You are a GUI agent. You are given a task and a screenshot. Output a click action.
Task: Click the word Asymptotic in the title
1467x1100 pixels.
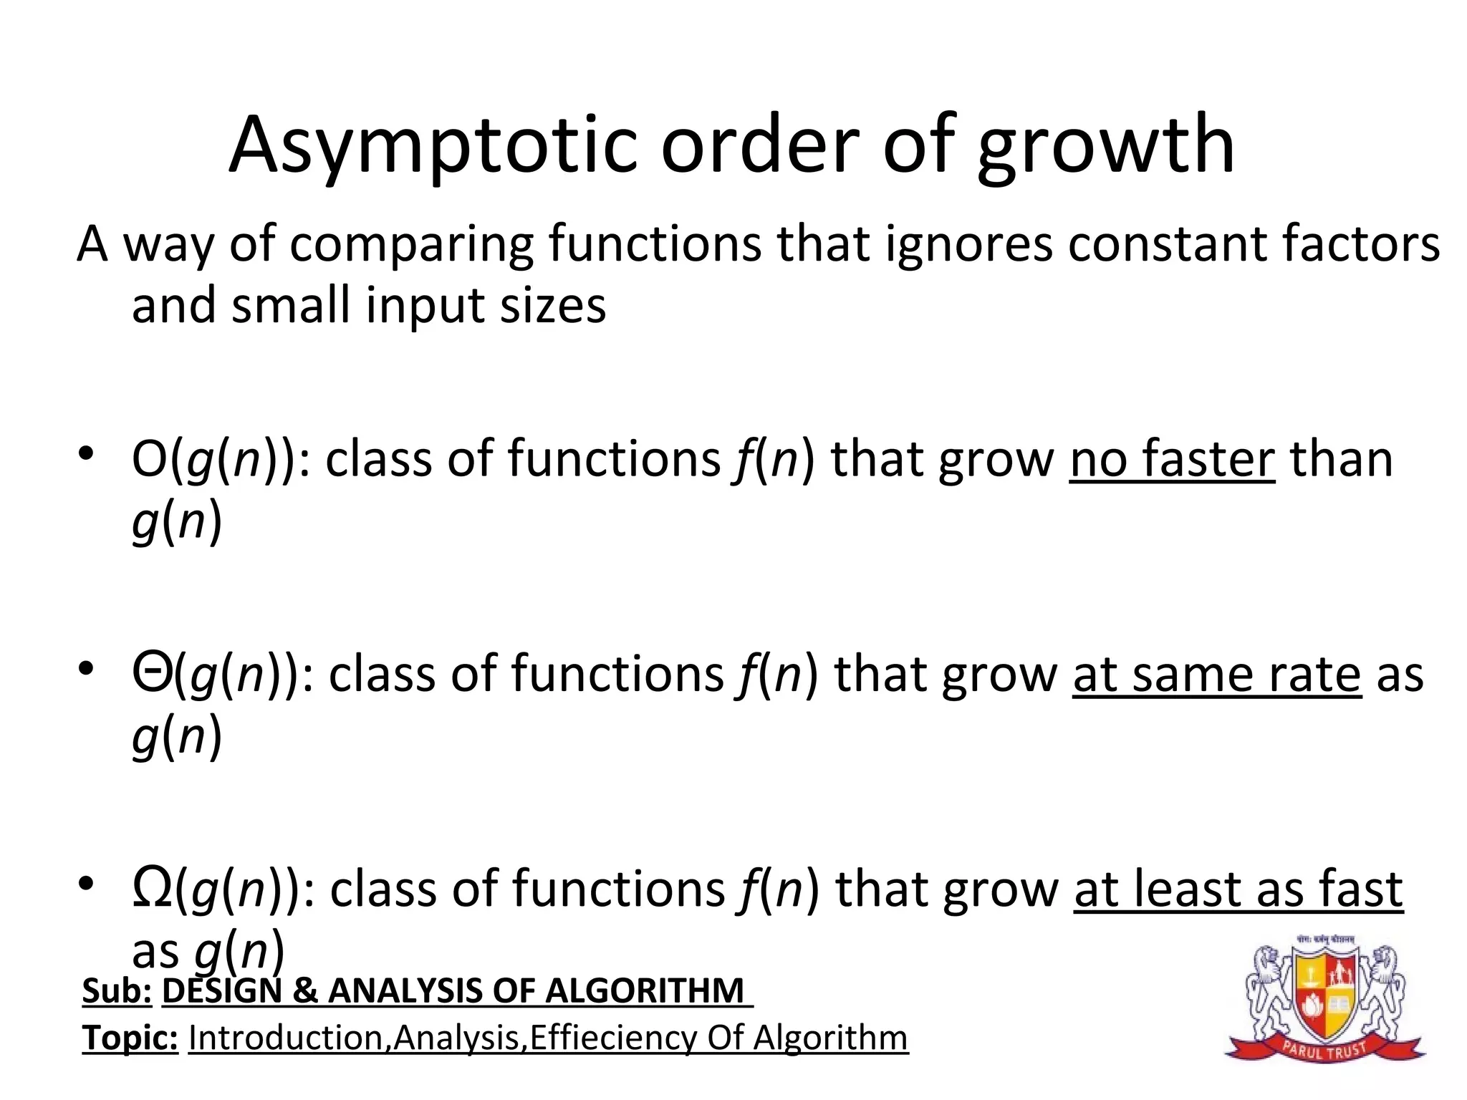(x=432, y=147)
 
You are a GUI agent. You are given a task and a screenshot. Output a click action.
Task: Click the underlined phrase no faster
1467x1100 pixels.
(x=1172, y=459)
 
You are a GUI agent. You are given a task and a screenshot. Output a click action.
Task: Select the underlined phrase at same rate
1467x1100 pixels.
(x=1216, y=675)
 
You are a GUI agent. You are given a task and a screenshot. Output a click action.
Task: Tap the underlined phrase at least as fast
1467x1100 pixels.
(x=1238, y=890)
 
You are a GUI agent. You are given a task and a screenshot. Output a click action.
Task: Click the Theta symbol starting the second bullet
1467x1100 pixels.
(x=151, y=672)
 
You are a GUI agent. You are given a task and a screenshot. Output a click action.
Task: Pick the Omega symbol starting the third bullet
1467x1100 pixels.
(x=152, y=888)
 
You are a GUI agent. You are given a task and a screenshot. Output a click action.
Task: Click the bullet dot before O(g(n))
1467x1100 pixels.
(x=87, y=453)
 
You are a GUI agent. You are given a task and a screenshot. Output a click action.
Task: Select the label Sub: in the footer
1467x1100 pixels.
(x=117, y=991)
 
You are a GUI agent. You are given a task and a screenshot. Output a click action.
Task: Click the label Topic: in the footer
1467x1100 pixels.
(x=130, y=1038)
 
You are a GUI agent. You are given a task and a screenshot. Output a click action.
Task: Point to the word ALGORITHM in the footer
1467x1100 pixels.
(x=644, y=991)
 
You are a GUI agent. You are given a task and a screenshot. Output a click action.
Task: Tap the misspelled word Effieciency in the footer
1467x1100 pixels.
(x=612, y=1038)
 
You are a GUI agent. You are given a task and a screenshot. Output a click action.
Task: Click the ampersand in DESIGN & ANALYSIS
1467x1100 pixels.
(x=304, y=991)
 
